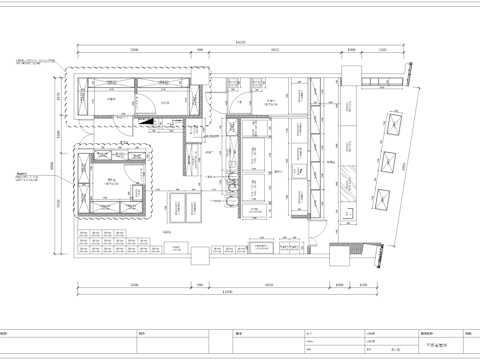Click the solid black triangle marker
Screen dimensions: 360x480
pyautogui.click(x=147, y=121)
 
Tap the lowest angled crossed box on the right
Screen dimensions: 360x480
pyautogui.click(x=382, y=200)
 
